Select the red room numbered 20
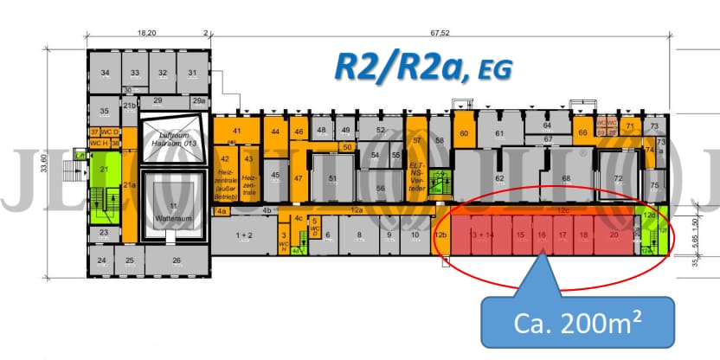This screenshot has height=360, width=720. (614, 235)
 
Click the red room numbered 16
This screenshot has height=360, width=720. (541, 235)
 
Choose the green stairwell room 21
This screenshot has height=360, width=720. (105, 170)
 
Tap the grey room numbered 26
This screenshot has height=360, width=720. (177, 260)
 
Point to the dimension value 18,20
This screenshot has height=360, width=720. (146, 35)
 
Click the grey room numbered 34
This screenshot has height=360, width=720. (105, 73)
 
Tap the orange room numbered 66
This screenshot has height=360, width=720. (582, 132)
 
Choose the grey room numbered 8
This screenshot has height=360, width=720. (358, 235)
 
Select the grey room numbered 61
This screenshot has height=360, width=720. (499, 133)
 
